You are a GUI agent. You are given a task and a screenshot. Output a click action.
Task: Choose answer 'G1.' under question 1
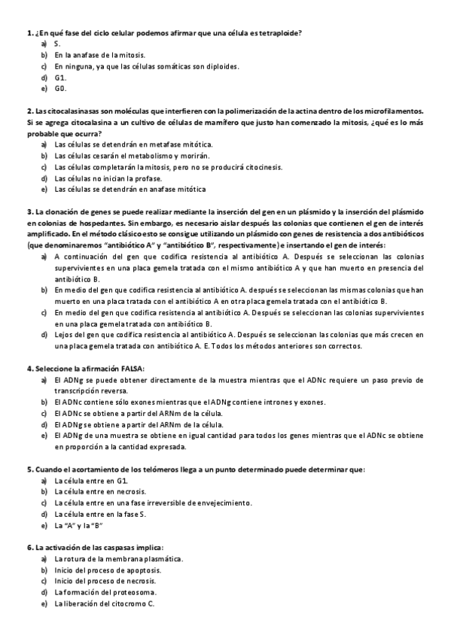[61, 77]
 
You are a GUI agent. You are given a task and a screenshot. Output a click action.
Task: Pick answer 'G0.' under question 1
[61, 89]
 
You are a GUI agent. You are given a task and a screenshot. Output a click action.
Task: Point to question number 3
[29, 211]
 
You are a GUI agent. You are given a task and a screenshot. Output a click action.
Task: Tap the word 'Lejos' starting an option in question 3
[64, 334]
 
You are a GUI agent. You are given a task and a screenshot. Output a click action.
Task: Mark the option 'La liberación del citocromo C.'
[104, 604]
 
